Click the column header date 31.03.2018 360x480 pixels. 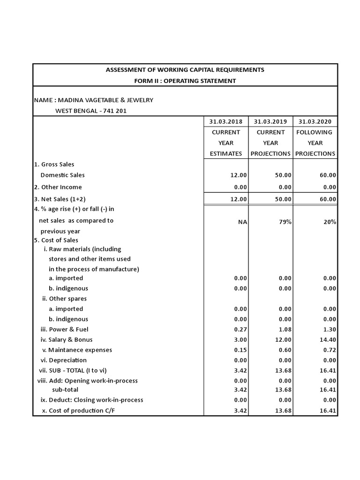tap(225, 121)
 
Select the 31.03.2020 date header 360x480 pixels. tap(315, 121)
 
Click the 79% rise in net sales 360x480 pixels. tap(285, 222)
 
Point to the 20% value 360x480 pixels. tap(330, 222)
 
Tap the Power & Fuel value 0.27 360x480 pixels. tap(240, 329)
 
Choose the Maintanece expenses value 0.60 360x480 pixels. tap(285, 350)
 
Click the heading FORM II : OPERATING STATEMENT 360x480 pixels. tap(185, 81)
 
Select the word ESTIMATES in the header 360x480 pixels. tap(226, 153)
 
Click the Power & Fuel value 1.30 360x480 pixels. tap(330, 329)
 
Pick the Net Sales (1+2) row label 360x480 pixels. tap(60, 199)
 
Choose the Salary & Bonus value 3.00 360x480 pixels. tap(240, 339)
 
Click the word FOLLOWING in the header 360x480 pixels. tap(314, 132)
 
